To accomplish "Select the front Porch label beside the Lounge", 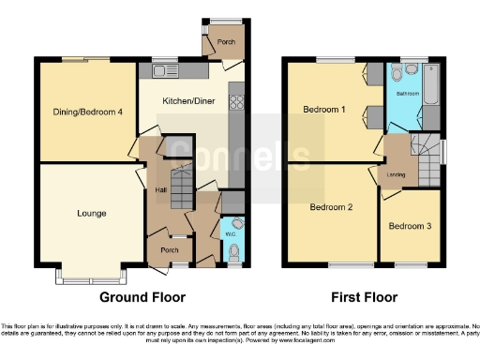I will click(170, 250).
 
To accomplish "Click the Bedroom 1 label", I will click(324, 111).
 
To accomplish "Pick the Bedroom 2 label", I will click(331, 207).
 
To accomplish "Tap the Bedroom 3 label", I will click(410, 226).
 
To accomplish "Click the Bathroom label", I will click(407, 94).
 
